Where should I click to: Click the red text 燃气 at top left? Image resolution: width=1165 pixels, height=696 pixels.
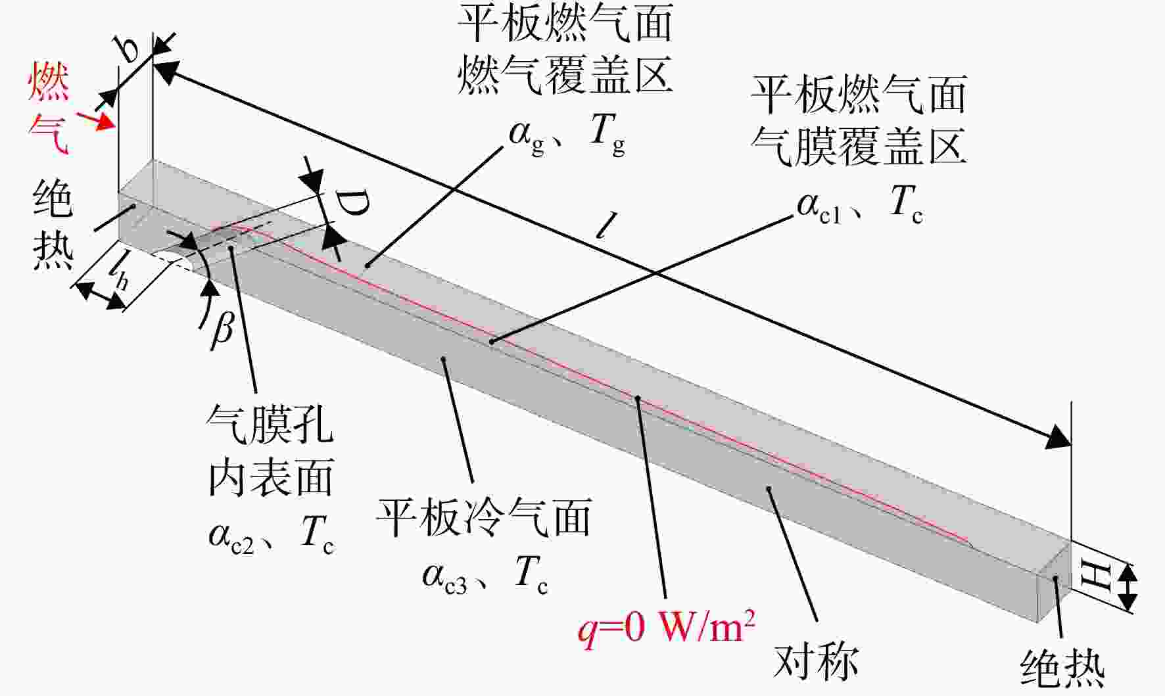[x=48, y=109]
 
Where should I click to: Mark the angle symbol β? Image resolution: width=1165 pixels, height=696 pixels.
[x=222, y=326]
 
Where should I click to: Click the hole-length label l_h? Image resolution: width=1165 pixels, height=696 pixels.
[x=119, y=271]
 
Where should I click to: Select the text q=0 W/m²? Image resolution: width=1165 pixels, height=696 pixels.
[x=666, y=627]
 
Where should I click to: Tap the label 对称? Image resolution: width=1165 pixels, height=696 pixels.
[x=816, y=661]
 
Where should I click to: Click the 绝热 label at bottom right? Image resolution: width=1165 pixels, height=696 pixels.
[x=1062, y=669]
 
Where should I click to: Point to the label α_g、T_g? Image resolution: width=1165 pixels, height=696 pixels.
[x=567, y=134]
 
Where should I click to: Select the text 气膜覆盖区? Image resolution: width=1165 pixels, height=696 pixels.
[x=859, y=146]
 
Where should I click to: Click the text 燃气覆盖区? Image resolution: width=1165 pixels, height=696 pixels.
[x=565, y=74]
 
